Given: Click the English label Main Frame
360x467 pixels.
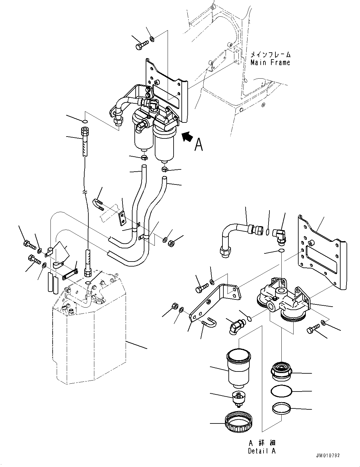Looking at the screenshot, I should (270, 63).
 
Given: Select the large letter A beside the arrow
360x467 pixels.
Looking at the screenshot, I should (198, 144).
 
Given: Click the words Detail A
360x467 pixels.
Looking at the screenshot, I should (262, 451).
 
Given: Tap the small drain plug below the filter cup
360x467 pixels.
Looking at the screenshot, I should (238, 398).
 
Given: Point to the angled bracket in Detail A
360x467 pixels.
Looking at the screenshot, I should (216, 301).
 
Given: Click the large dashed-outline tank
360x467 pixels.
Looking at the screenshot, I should (91, 338).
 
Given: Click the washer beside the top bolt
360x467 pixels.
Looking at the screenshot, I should (152, 39).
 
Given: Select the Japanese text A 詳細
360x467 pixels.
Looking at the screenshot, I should (262, 443).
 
